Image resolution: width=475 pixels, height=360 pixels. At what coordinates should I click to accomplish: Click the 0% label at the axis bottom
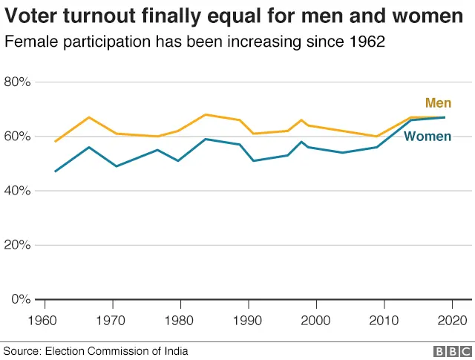point(21,299)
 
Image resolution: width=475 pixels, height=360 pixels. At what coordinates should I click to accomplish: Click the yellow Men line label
point(438,103)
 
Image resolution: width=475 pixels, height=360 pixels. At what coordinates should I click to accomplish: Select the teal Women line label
point(427,136)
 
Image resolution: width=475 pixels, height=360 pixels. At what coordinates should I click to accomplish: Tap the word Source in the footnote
point(22,351)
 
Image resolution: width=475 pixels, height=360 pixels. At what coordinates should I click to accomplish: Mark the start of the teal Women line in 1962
point(56,171)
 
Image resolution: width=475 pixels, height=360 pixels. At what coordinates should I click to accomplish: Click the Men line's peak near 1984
point(206,114)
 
